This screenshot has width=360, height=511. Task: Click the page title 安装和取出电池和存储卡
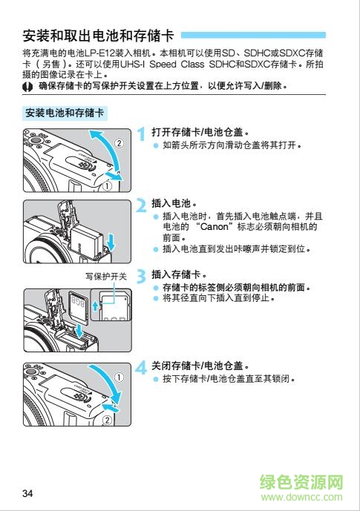coord(99,35)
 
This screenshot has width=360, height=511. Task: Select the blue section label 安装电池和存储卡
coord(65,113)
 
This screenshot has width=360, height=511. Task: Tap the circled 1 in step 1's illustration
coord(108,186)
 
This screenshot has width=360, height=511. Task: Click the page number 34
coord(28,494)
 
